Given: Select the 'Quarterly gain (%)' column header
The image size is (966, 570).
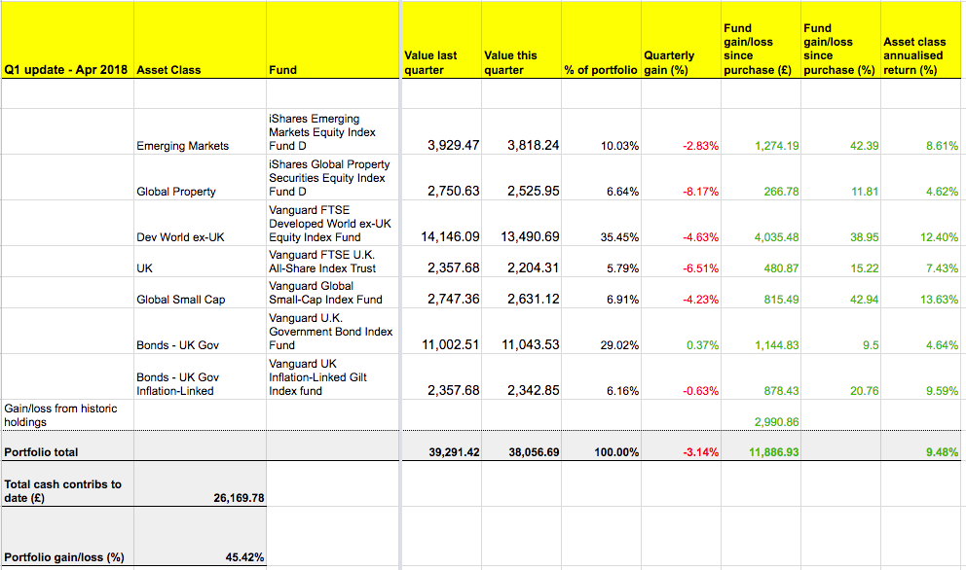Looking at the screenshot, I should pos(669,63).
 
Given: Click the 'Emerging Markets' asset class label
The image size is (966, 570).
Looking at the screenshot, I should pos(183,146).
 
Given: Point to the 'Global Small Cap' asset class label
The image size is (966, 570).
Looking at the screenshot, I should pos(181,300).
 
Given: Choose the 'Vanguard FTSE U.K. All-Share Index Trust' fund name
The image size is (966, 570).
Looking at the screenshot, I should pos(322,261).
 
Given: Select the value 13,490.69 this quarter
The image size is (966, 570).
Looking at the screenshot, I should pos(532,237).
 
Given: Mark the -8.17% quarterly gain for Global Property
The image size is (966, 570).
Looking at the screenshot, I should pos(701,192).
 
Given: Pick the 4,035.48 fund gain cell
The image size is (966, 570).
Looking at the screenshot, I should pos(777,237).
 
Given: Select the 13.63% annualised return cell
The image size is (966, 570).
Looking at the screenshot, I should pos(939,300).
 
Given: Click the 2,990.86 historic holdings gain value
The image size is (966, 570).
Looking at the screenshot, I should pos(777,422).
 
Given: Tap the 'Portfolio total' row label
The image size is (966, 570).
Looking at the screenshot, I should pos(42,452).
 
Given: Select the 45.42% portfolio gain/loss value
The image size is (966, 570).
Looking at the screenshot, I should pos(244,557).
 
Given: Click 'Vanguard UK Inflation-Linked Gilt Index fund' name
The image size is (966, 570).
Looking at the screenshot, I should pos(318,376).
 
